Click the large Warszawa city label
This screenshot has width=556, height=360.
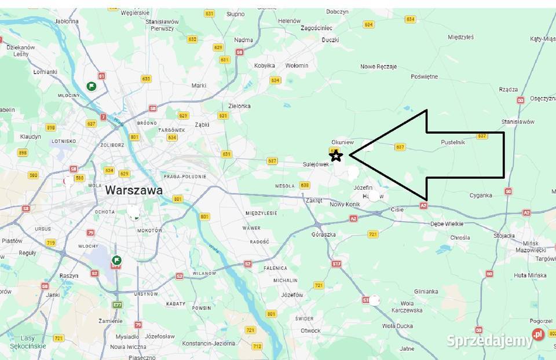(134, 190)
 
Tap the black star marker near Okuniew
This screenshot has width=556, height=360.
(336, 155)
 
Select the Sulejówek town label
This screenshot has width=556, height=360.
(316, 164)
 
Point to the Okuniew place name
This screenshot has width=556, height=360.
(342, 142)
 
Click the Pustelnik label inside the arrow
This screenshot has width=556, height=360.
(453, 142)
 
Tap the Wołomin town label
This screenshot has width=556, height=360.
(297, 65)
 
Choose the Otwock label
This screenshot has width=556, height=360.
(310, 330)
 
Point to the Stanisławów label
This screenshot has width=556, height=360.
(518, 122)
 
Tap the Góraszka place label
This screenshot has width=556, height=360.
(323, 234)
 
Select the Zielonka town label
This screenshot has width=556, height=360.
(239, 106)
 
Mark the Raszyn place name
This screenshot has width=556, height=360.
(68, 275)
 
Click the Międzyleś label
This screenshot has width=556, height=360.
(460, 37)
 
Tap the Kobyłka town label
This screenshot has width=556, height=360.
(264, 65)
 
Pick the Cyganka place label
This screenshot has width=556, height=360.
(481, 195)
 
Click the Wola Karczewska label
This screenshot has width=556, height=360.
(407, 307)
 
